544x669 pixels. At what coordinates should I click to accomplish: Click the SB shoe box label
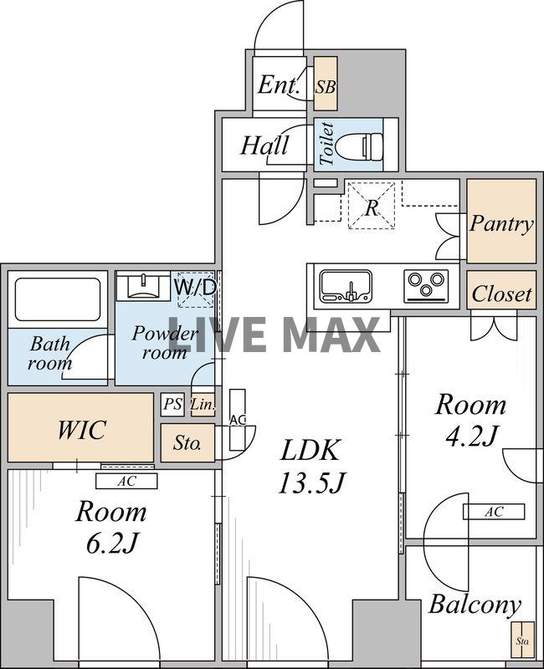[x=326, y=87]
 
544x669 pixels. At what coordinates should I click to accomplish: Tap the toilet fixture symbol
[x=360, y=144]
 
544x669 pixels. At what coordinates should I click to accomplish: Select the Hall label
[x=264, y=145]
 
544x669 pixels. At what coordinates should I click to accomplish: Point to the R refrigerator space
[x=371, y=205]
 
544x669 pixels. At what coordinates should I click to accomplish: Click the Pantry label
[x=501, y=223]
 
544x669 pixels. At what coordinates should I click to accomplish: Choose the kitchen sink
[x=346, y=284]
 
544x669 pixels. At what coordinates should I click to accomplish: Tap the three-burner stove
[x=426, y=284]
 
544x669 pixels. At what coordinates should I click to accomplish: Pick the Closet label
[x=501, y=294]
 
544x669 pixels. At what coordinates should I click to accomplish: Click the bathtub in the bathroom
[x=58, y=300]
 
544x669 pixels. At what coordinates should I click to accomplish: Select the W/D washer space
[x=194, y=289]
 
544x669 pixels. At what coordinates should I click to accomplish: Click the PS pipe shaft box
[x=172, y=404]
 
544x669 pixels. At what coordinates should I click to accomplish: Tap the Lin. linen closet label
[x=203, y=404]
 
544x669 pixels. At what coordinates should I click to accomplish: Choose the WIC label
[x=81, y=430]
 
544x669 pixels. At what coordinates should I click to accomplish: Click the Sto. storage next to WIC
[x=187, y=443]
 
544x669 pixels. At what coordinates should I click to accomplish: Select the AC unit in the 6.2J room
[x=126, y=482]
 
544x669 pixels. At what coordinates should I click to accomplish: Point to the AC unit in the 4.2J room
[x=494, y=512]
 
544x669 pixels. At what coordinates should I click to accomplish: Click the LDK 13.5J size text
[x=310, y=483]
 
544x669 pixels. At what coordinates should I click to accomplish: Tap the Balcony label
[x=475, y=605]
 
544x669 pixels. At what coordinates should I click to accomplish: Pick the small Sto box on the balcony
[x=522, y=639]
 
